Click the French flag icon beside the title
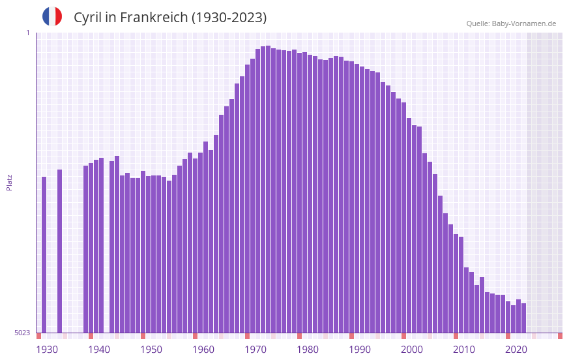point(52,17)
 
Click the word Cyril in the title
point(89,18)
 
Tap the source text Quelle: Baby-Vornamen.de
point(511,23)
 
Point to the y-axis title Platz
point(9,183)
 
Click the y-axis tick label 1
point(27,33)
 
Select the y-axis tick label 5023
point(22,333)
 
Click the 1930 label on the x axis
point(47,350)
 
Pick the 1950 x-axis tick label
point(151,350)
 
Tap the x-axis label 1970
point(255,350)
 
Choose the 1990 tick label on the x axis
point(360,350)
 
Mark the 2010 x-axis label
point(464,350)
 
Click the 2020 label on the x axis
point(516,350)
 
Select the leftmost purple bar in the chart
point(44,254)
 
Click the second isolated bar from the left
point(60,251)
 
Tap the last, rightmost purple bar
point(523,318)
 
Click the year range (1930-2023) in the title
point(229,18)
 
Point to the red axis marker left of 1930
point(38,336)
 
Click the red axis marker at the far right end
point(560,336)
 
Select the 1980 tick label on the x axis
point(308,350)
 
